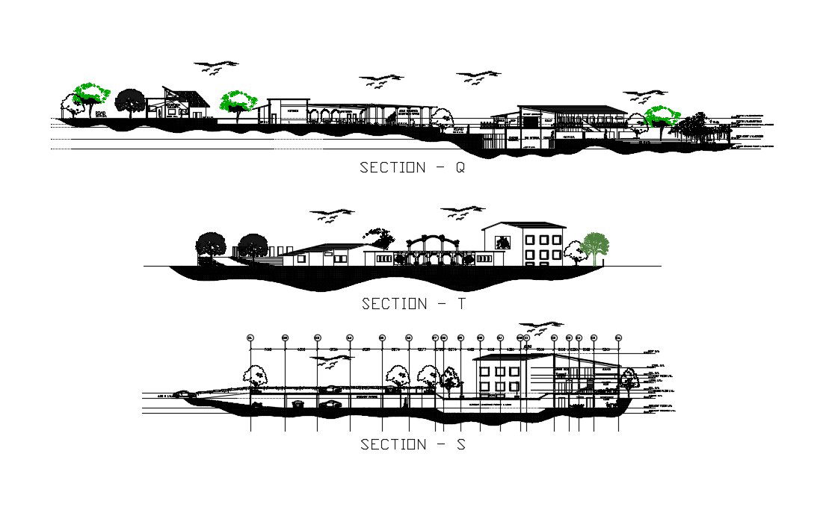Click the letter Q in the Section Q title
coord(459,168)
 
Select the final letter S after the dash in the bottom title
coord(460,444)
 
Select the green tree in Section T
coord(595,247)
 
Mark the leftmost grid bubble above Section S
coord(250,338)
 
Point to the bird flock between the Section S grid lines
coord(333,361)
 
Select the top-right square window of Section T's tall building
coord(555,239)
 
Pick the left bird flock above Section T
coord(332,214)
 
